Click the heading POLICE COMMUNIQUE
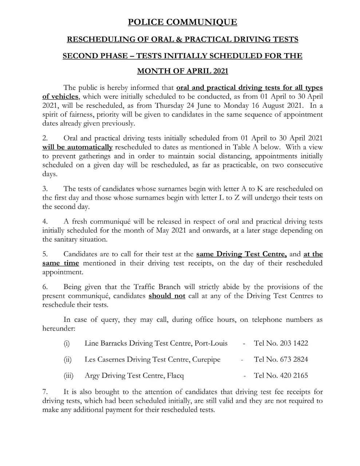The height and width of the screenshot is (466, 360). [182, 22]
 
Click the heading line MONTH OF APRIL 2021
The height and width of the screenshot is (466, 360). [182, 71]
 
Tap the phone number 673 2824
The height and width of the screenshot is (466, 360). [294, 360]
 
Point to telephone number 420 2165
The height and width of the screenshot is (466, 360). [294, 376]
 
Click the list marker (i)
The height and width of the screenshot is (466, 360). [67, 343]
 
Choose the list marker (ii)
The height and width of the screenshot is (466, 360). [68, 360]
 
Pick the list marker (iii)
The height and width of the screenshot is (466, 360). [68, 376]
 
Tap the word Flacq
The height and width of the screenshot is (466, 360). [175, 376]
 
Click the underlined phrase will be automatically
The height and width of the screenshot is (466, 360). [78, 147]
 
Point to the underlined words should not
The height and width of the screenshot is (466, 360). [167, 296]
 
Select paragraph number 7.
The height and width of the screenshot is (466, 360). [45, 392]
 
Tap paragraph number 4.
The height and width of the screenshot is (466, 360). [45, 222]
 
